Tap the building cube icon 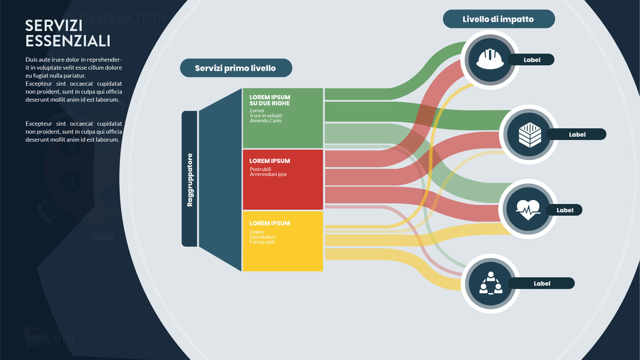(x=529, y=135)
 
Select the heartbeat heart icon (x=528, y=209)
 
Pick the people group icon (x=490, y=283)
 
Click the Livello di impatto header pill (x=499, y=19)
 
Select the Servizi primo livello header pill (x=235, y=68)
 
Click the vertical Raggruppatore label (x=190, y=180)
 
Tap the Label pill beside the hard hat (x=532, y=60)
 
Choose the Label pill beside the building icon (x=577, y=134)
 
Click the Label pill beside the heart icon (x=564, y=210)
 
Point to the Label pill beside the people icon (x=542, y=283)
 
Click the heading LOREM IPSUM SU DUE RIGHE (x=270, y=100)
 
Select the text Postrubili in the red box (x=260, y=169)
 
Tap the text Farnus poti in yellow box (x=262, y=242)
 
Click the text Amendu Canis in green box (x=266, y=121)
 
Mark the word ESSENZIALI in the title (x=68, y=41)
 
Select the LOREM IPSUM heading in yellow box (x=270, y=223)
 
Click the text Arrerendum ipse (x=268, y=174)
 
